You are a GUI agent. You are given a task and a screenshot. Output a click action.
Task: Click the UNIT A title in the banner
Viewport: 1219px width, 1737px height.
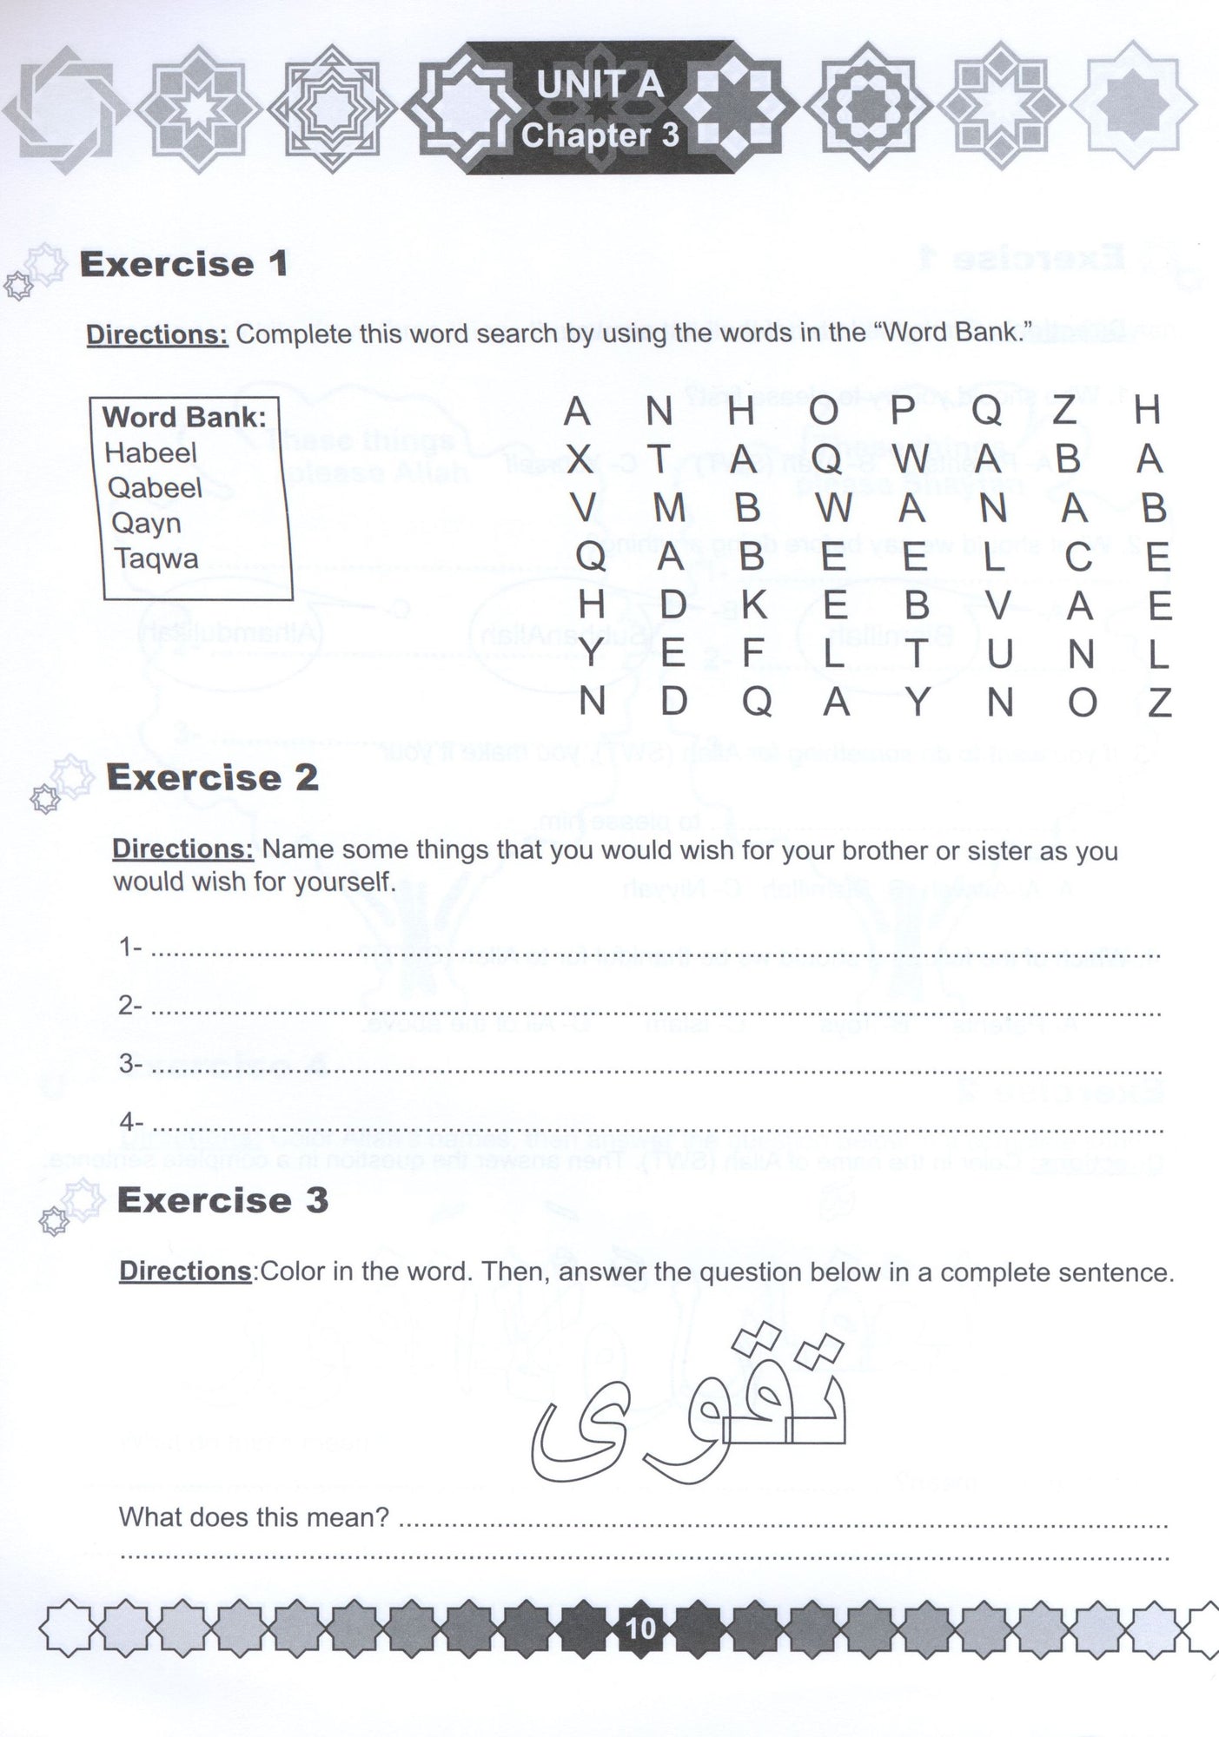(600, 85)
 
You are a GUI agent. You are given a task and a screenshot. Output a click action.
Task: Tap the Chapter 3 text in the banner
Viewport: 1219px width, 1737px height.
(600, 135)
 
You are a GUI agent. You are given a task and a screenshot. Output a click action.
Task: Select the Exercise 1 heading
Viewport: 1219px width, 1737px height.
(183, 264)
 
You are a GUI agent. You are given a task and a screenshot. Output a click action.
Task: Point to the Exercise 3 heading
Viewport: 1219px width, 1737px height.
(222, 1200)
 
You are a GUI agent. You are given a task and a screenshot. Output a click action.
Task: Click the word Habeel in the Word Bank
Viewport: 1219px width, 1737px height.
(150, 452)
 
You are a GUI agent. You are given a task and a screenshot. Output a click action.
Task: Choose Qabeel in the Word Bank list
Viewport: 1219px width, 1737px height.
(155, 488)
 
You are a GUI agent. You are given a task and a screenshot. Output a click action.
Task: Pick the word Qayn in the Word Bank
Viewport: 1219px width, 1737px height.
(144, 524)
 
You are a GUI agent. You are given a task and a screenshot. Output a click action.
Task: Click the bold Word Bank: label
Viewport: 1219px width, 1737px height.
(184, 417)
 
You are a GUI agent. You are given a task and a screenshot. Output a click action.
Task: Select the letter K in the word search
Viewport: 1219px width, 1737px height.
(752, 605)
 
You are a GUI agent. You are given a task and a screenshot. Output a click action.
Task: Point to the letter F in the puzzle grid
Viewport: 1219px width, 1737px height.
(752, 653)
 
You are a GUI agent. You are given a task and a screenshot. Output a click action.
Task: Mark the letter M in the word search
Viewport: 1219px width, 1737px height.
(669, 508)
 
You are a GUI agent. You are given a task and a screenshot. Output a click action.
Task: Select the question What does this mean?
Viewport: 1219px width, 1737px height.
(254, 1517)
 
